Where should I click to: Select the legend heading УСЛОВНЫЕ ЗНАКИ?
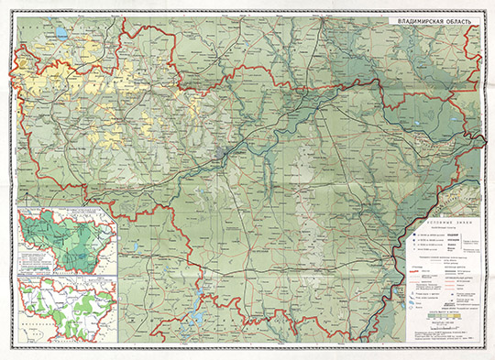coord(443,223)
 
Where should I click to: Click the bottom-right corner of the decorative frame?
coord(487,352)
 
